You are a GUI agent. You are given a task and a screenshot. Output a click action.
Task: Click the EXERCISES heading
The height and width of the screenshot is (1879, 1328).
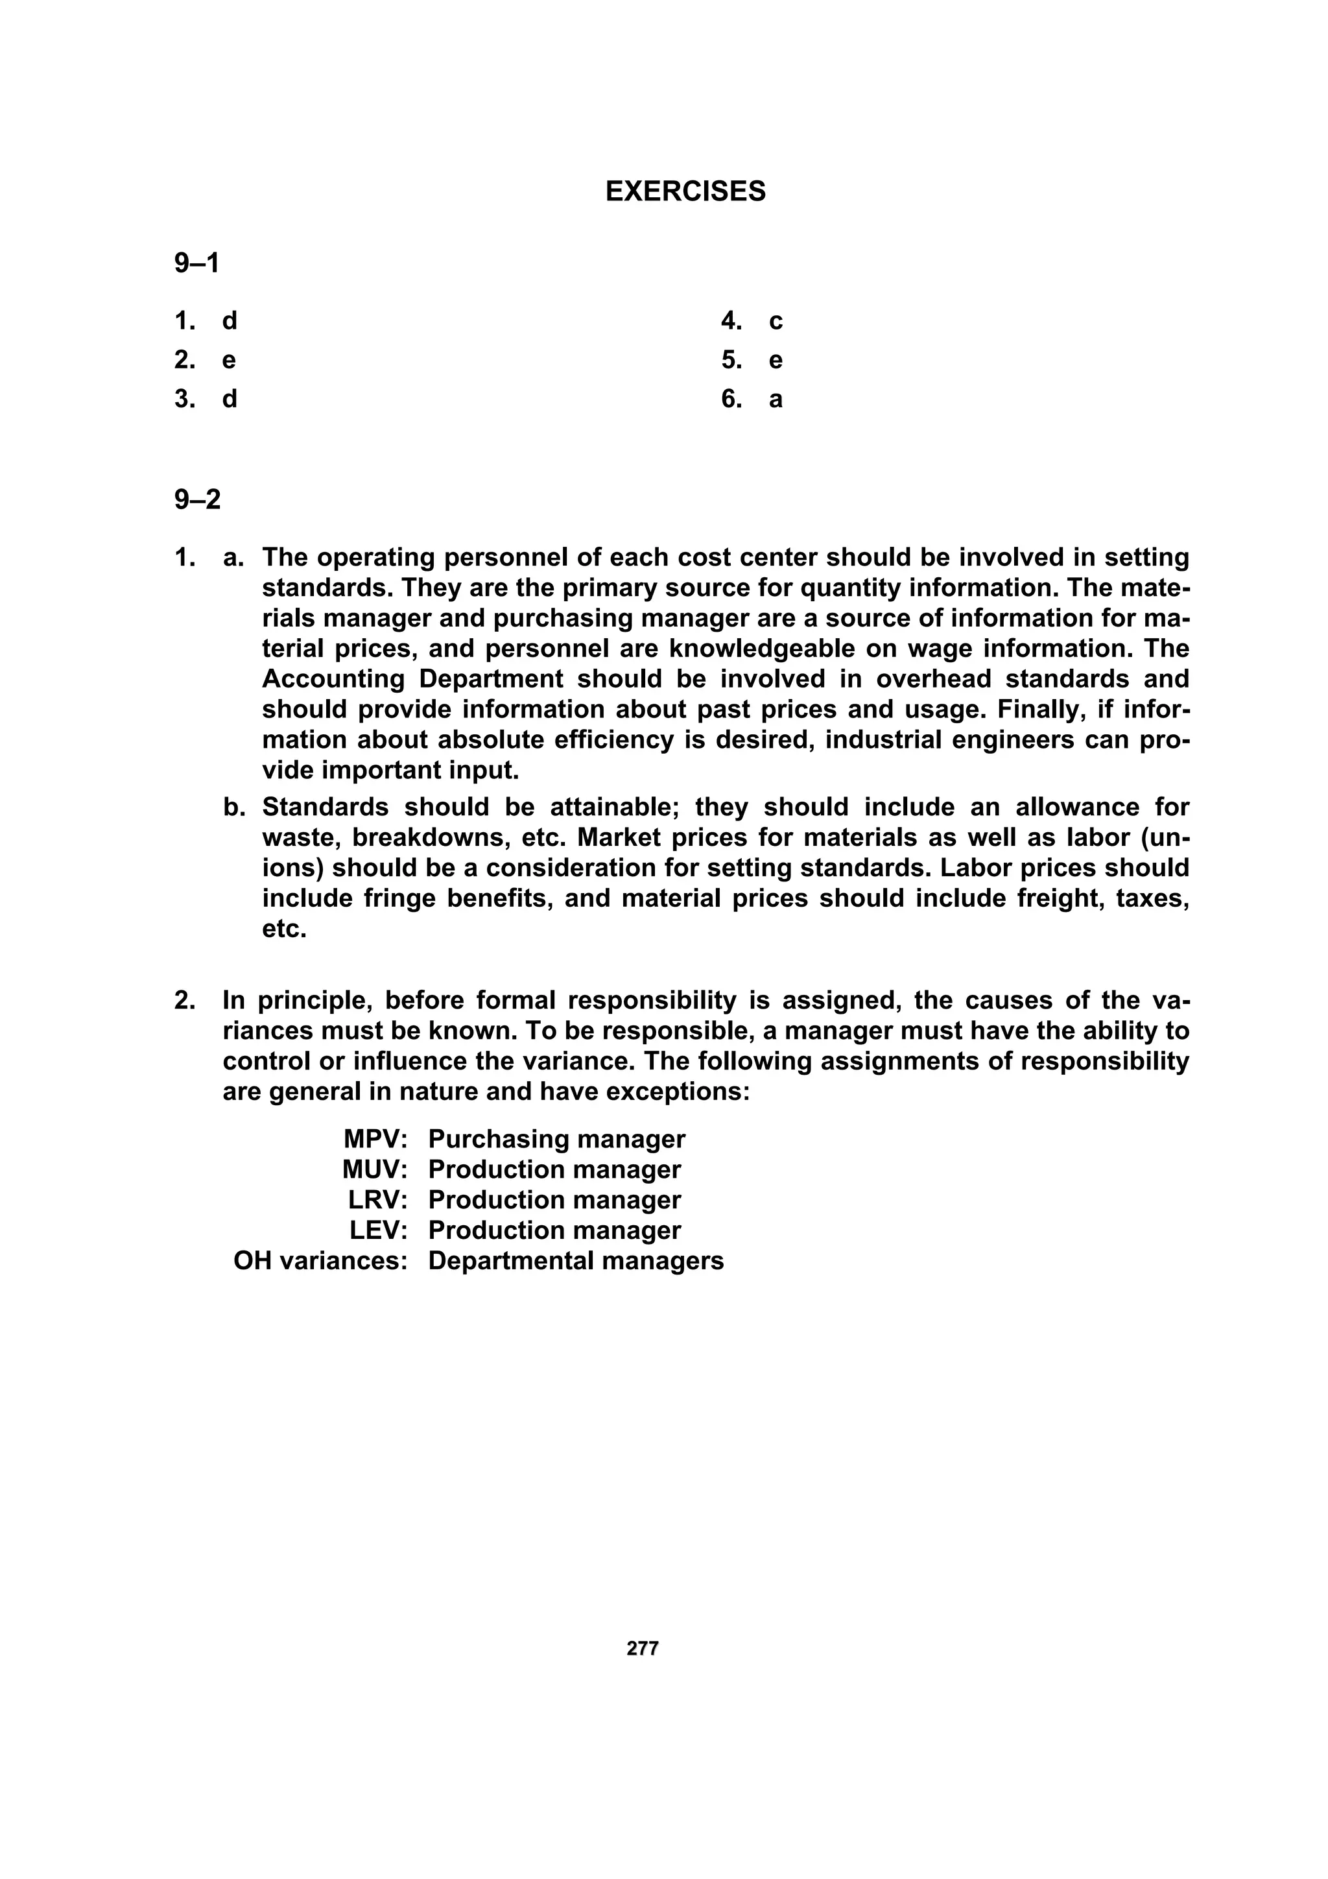(685, 191)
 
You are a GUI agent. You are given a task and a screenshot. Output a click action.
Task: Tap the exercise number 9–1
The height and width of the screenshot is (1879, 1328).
(196, 263)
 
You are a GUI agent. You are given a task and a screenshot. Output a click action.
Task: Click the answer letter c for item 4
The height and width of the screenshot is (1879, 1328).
(776, 322)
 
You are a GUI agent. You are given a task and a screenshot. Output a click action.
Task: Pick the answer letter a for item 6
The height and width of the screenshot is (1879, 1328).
(776, 400)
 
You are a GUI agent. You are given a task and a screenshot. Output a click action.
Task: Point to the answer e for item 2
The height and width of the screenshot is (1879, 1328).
(229, 361)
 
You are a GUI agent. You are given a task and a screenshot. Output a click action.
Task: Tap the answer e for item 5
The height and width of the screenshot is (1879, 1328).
(776, 361)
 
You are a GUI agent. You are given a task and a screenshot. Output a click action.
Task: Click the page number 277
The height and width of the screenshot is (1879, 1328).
(643, 1648)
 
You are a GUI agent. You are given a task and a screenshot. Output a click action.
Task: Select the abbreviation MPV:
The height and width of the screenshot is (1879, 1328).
(375, 1139)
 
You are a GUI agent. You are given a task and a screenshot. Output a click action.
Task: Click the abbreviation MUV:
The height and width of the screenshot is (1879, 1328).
(375, 1169)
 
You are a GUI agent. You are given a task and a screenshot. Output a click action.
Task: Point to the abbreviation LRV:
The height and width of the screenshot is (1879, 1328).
(377, 1200)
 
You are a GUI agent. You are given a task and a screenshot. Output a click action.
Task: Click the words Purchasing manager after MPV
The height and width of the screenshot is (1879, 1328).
(556, 1139)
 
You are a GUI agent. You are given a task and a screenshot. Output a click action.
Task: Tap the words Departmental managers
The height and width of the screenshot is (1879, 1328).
(575, 1260)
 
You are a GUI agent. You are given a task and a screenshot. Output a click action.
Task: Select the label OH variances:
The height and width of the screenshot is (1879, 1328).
(320, 1260)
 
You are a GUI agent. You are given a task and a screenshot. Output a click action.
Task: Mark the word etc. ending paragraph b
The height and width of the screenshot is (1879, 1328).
(284, 929)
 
